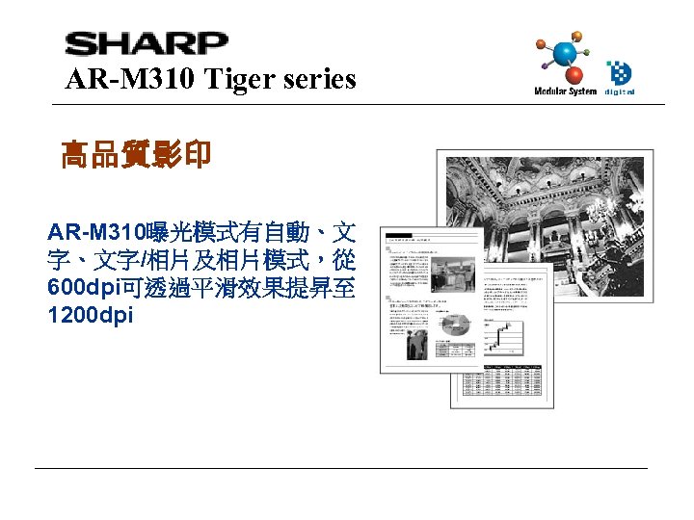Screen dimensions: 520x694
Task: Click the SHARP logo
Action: (147, 43)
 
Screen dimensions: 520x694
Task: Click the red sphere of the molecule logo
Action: (574, 74)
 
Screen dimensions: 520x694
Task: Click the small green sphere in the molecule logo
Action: (591, 45)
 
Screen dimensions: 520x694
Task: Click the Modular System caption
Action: (565, 92)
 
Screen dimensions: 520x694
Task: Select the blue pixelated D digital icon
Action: (619, 73)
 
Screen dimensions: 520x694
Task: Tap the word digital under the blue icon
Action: (620, 92)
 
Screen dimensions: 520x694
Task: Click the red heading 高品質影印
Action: (135, 154)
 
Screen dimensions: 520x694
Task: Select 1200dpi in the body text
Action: (90, 315)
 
